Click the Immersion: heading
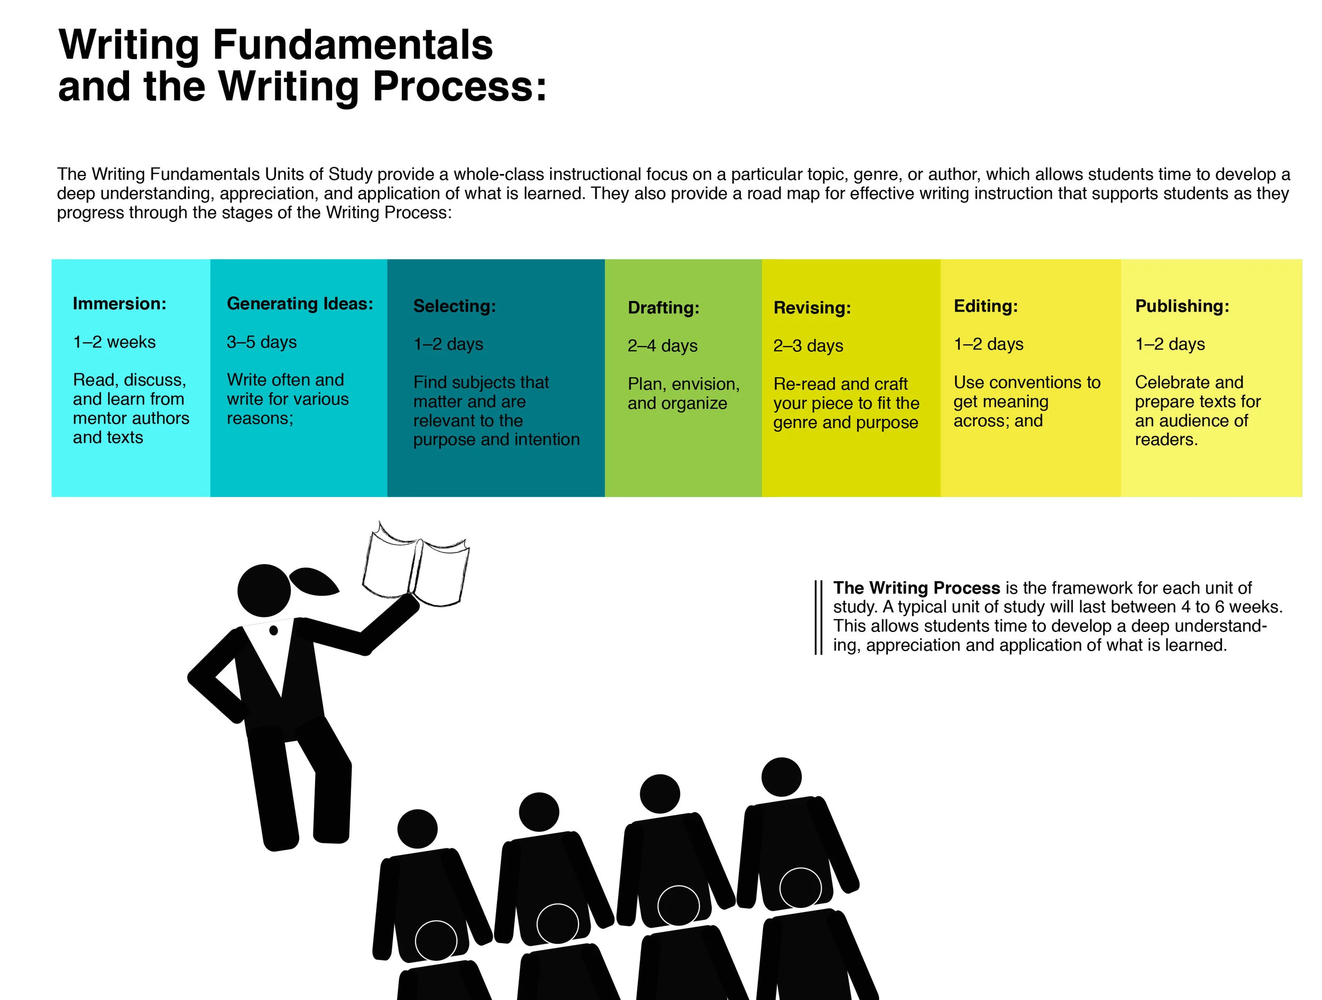click(x=120, y=304)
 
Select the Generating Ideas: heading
click(x=300, y=304)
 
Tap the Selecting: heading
click(x=454, y=306)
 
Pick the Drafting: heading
click(x=664, y=308)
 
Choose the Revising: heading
click(x=812, y=308)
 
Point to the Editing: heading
click(x=986, y=306)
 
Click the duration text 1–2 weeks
click(x=114, y=342)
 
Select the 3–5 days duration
click(x=262, y=342)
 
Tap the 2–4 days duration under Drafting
click(x=662, y=345)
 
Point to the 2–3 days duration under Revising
click(x=808, y=345)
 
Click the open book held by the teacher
click(x=416, y=564)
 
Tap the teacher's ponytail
click(x=313, y=582)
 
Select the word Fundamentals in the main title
click(x=353, y=45)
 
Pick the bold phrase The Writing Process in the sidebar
click(x=916, y=588)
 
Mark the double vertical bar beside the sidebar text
click(x=818, y=618)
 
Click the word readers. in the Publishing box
click(x=1166, y=440)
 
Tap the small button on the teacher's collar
click(x=274, y=630)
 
